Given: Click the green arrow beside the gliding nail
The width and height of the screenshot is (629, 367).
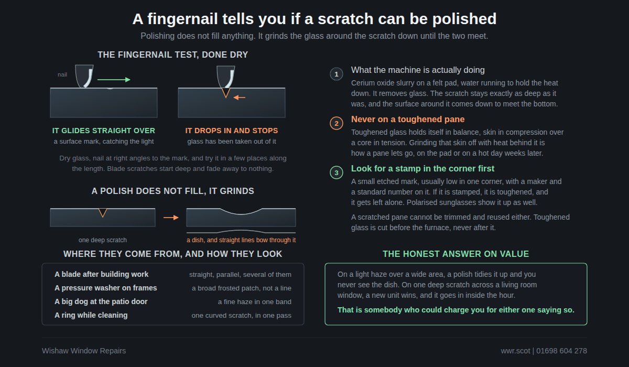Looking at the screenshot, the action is pyautogui.click(x=114, y=80).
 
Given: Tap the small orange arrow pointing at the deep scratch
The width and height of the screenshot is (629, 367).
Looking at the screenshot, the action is pyautogui.click(x=239, y=98).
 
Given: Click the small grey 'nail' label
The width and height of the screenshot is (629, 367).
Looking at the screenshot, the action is pyautogui.click(x=62, y=74).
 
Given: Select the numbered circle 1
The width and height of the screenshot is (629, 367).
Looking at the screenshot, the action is pyautogui.click(x=337, y=74).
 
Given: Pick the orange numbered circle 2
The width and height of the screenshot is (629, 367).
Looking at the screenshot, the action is pyautogui.click(x=337, y=123).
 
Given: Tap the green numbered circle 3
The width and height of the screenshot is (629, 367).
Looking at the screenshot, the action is pyautogui.click(x=337, y=172).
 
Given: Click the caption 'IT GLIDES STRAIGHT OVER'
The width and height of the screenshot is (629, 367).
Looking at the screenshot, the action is pyautogui.click(x=104, y=131).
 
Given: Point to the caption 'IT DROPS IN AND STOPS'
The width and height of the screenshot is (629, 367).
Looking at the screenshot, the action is pyautogui.click(x=232, y=131).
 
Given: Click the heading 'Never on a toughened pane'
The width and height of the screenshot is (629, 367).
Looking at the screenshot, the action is pyautogui.click(x=408, y=120).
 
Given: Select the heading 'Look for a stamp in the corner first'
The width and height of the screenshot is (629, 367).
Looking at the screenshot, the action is pyautogui.click(x=422, y=168).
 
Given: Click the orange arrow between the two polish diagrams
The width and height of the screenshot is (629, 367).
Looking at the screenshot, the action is pyautogui.click(x=171, y=218).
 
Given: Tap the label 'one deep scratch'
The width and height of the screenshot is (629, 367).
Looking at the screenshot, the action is pyautogui.click(x=103, y=240).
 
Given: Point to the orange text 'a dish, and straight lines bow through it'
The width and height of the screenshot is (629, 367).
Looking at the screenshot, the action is pyautogui.click(x=241, y=240).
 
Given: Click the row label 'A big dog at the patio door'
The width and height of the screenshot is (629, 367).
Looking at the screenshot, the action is pyautogui.click(x=101, y=301).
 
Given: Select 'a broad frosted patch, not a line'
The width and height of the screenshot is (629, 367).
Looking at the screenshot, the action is pyautogui.click(x=242, y=288).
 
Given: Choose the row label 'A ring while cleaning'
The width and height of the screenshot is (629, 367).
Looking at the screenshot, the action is pyautogui.click(x=91, y=315).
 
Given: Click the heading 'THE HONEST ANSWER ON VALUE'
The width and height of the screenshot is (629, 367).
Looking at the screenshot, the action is pyautogui.click(x=456, y=254).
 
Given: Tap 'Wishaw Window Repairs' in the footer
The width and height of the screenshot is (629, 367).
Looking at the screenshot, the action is pyautogui.click(x=84, y=351).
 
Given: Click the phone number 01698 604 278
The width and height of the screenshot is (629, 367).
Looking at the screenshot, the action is pyautogui.click(x=561, y=351).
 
